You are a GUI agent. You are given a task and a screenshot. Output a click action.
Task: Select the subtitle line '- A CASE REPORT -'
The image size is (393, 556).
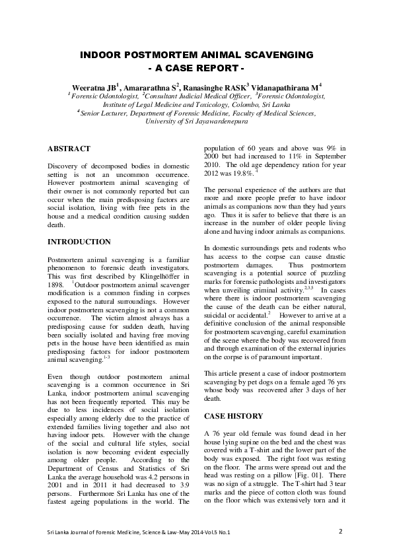(196, 69)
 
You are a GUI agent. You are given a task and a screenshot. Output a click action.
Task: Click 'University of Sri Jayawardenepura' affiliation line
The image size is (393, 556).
(196, 122)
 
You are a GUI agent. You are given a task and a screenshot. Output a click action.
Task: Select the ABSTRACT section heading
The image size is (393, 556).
(69, 149)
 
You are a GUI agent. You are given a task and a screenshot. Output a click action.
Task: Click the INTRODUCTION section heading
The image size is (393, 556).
(79, 242)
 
